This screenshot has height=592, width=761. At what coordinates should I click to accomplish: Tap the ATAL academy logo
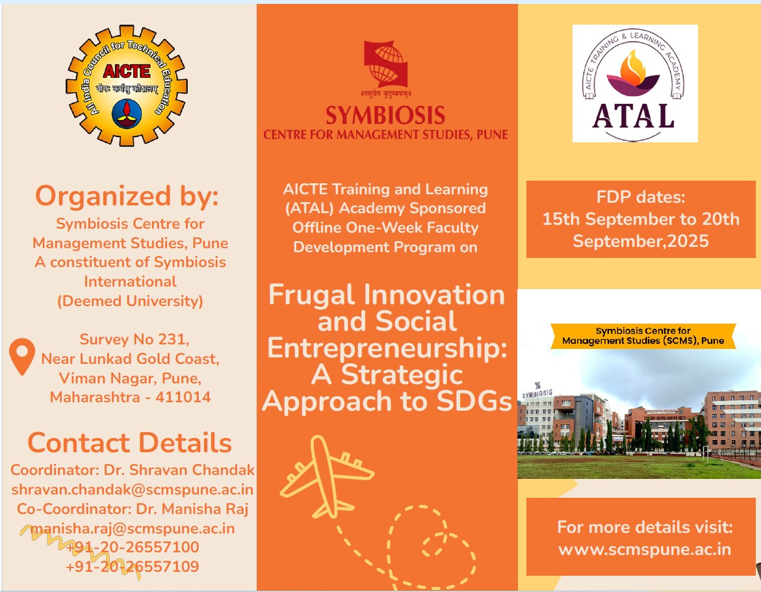point(635,83)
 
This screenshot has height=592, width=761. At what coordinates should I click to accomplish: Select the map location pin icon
point(22,357)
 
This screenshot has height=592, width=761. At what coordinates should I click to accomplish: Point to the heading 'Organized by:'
point(127,196)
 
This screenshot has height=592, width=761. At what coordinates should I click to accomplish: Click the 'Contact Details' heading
point(129,443)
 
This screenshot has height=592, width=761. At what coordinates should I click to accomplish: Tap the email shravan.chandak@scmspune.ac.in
point(133,490)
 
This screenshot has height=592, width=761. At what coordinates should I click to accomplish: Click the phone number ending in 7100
point(133,547)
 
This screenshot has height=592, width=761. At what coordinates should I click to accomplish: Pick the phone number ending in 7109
point(133,567)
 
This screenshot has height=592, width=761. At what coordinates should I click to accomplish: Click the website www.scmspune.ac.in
point(645,549)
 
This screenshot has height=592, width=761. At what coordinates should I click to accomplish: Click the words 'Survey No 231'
point(135,339)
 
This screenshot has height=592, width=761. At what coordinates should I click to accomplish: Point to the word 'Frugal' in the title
point(312,296)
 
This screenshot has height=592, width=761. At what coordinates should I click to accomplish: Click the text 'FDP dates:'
point(641,197)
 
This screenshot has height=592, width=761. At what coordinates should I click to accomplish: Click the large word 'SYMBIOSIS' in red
point(385,116)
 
